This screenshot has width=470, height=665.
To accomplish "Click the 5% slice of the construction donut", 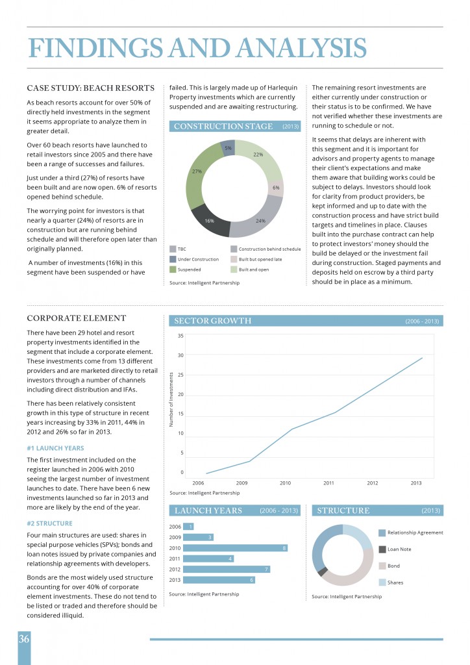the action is [x=229, y=148].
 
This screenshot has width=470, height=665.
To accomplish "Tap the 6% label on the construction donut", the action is [x=276, y=188].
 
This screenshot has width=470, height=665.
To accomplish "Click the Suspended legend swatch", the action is [x=173, y=270].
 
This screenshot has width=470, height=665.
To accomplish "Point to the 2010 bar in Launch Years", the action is [x=235, y=548].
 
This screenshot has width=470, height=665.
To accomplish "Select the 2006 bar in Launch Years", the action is [x=188, y=527].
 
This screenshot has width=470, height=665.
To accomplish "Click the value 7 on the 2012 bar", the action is [x=267, y=569].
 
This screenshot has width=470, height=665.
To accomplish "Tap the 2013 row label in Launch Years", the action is [x=175, y=580].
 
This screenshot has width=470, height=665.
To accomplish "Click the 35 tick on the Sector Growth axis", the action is [x=180, y=336].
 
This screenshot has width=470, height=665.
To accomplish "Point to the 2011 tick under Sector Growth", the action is [x=328, y=483].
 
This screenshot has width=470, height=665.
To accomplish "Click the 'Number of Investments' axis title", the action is [x=171, y=399].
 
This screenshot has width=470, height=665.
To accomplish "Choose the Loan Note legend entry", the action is [x=395, y=549].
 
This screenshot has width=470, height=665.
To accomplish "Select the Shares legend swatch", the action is [x=382, y=583].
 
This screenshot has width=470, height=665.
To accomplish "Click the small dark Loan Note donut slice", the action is [x=322, y=571].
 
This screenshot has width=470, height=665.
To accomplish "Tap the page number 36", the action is [x=24, y=639].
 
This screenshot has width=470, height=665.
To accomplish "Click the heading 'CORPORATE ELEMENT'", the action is [x=77, y=318].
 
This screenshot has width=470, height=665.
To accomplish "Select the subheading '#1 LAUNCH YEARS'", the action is [x=55, y=448].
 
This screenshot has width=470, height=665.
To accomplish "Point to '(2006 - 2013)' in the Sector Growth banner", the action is [x=422, y=321].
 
